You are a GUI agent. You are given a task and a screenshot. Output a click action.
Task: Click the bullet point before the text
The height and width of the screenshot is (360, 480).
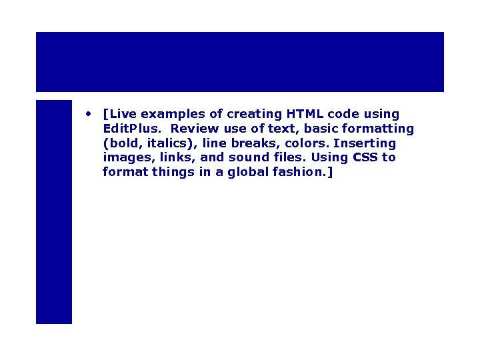coord(88,113)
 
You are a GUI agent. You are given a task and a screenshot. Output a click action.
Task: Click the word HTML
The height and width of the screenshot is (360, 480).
coord(305,114)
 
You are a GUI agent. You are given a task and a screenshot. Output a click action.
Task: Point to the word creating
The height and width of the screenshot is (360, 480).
coord(255,114)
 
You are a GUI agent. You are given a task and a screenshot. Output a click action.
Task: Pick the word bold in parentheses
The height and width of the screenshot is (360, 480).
coord(122,143)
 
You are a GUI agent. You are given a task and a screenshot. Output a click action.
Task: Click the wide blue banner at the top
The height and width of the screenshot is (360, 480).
coord(240,62)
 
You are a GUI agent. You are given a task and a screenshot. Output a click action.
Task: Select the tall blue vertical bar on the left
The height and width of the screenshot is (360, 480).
coord(54,212)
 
